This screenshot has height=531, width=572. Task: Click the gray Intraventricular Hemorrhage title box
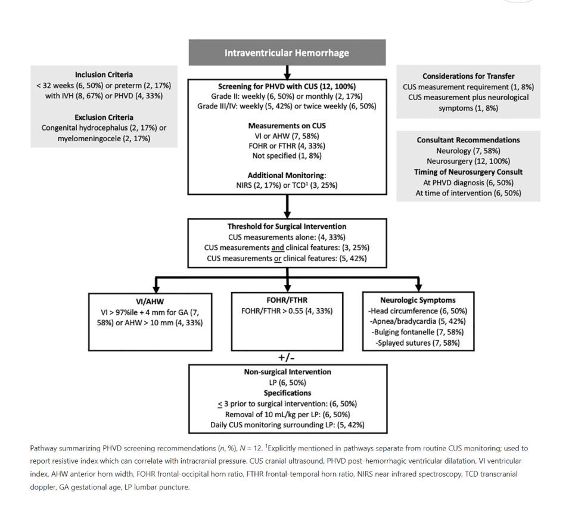287,52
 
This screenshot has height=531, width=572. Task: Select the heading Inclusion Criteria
104,75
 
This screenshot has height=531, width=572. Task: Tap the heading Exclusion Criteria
104,117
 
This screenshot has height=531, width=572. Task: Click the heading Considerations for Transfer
468,76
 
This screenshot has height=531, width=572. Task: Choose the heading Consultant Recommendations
468,140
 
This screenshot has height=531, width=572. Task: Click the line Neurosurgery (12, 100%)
468,162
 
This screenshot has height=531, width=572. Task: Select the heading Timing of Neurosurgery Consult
468,172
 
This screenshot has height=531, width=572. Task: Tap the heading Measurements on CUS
287,126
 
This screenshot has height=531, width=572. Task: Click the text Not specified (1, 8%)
287,156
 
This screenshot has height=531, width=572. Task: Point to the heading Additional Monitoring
287,175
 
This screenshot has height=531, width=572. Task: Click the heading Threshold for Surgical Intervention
287,226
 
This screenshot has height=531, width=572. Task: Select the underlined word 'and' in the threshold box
278,248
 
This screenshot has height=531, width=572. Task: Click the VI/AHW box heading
150,302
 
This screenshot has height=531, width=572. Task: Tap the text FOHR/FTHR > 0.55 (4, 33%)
287,311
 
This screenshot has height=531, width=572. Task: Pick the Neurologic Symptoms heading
418,300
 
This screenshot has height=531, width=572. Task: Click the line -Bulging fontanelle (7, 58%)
418,332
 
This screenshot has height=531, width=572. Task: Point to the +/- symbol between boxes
287,358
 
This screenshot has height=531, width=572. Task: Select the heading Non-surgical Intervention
287,372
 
